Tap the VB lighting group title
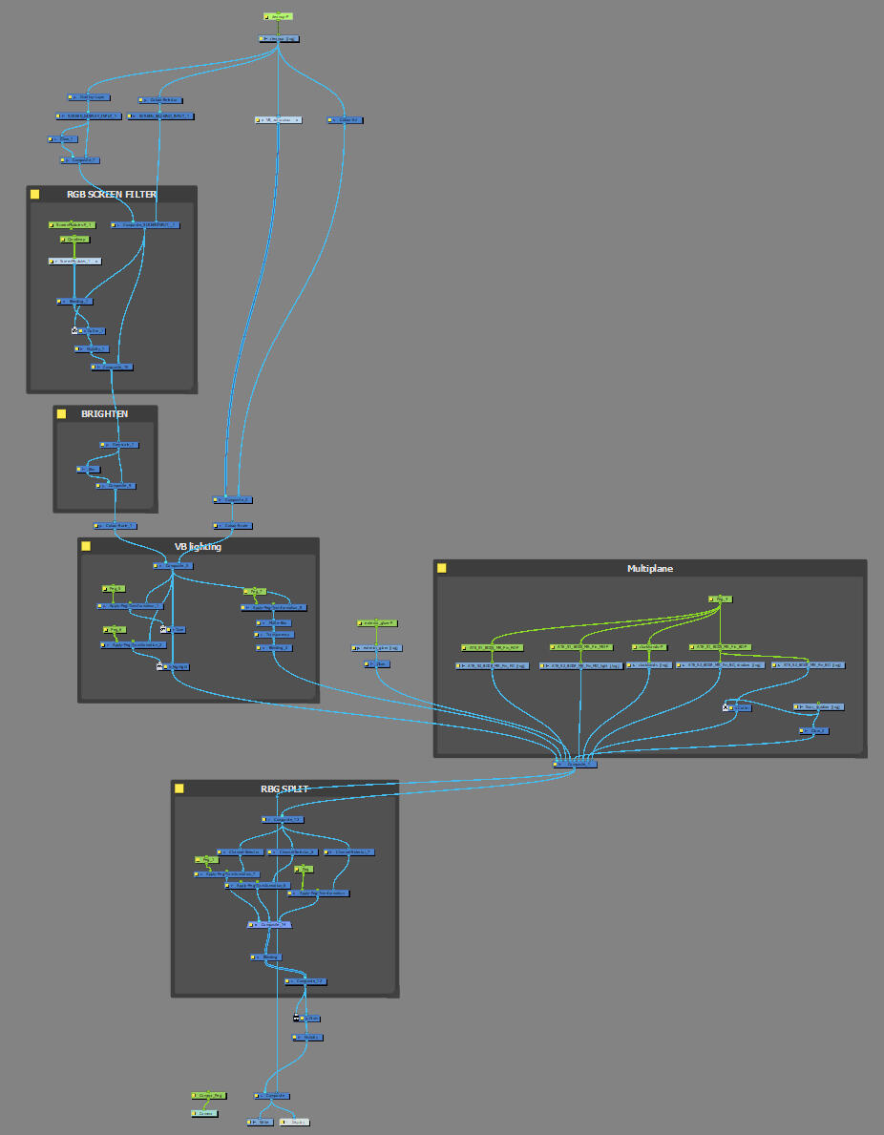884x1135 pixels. click(x=198, y=546)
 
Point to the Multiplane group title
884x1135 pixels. click(x=650, y=568)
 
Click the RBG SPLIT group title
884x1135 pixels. click(x=284, y=788)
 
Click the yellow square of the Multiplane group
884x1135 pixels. click(x=442, y=568)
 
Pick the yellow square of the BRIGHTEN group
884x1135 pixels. click(x=62, y=414)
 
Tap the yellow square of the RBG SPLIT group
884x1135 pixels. click(x=179, y=788)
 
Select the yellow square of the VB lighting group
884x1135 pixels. click(x=85, y=546)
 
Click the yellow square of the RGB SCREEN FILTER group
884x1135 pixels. click(x=35, y=194)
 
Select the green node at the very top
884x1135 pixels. click(x=278, y=16)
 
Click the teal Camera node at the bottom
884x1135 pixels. click(x=204, y=1113)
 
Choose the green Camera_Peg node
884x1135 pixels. click(x=209, y=1095)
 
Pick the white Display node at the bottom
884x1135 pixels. click(x=295, y=1122)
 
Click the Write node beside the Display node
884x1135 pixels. click(x=261, y=1122)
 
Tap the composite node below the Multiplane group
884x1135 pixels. click(x=576, y=764)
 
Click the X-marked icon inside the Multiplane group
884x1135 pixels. click(x=726, y=707)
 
